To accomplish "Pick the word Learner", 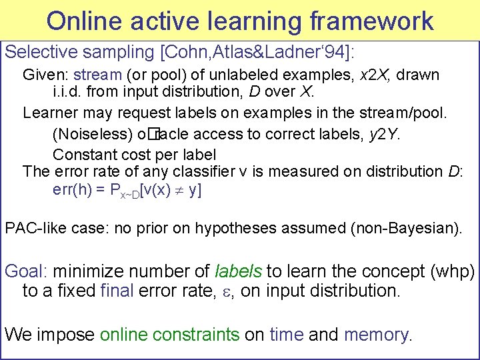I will (47, 112).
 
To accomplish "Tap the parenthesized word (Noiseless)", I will (92, 134).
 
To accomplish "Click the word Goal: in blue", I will (25, 271).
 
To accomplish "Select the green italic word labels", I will (239, 271).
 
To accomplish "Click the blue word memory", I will (377, 334).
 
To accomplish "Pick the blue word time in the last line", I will (286, 334).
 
